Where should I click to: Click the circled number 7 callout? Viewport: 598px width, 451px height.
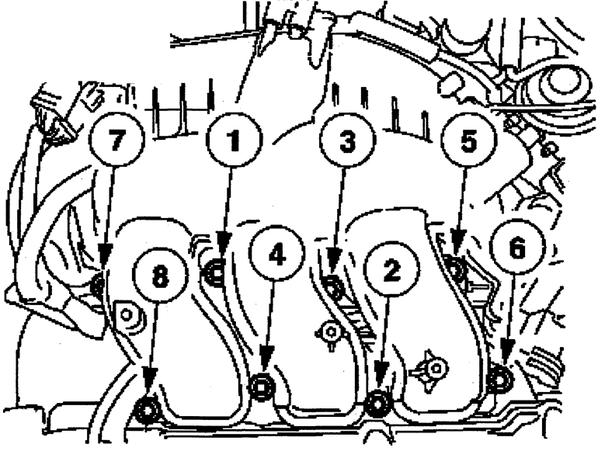116,139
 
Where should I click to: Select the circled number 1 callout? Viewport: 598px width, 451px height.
234,139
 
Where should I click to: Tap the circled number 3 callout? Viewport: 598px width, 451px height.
347,141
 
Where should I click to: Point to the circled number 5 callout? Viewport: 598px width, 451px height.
468,141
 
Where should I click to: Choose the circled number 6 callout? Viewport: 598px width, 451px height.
517,248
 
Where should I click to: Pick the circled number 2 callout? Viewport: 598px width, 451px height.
391,270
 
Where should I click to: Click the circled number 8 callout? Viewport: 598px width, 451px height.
160,276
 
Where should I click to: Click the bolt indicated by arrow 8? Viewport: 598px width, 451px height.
147,410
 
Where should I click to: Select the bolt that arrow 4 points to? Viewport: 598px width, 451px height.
261,387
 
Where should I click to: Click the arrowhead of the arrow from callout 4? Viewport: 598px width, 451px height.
266,358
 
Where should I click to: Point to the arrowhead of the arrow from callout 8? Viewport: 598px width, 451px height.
150,380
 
